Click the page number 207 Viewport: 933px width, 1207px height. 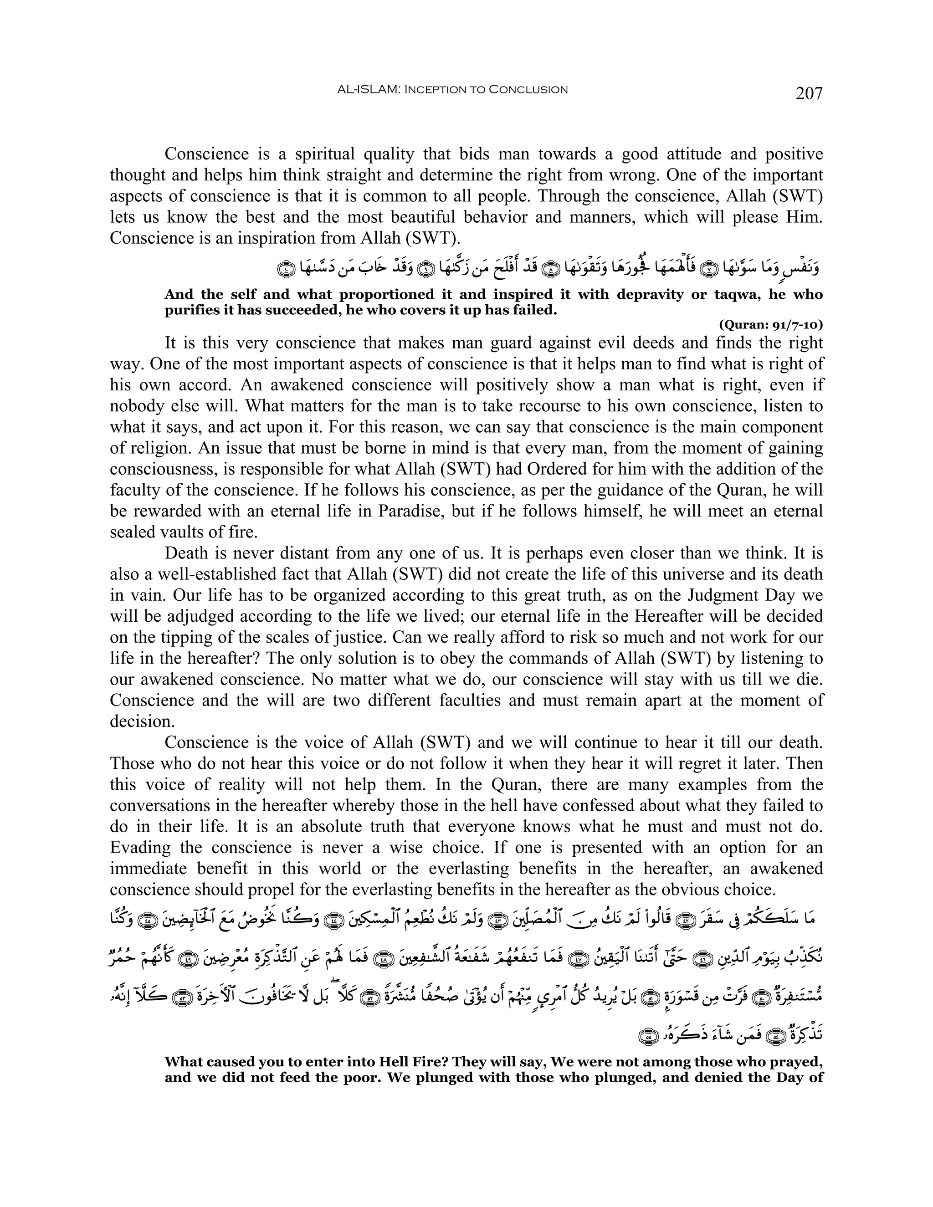pos(809,93)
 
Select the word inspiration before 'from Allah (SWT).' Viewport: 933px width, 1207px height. pos(268,238)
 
